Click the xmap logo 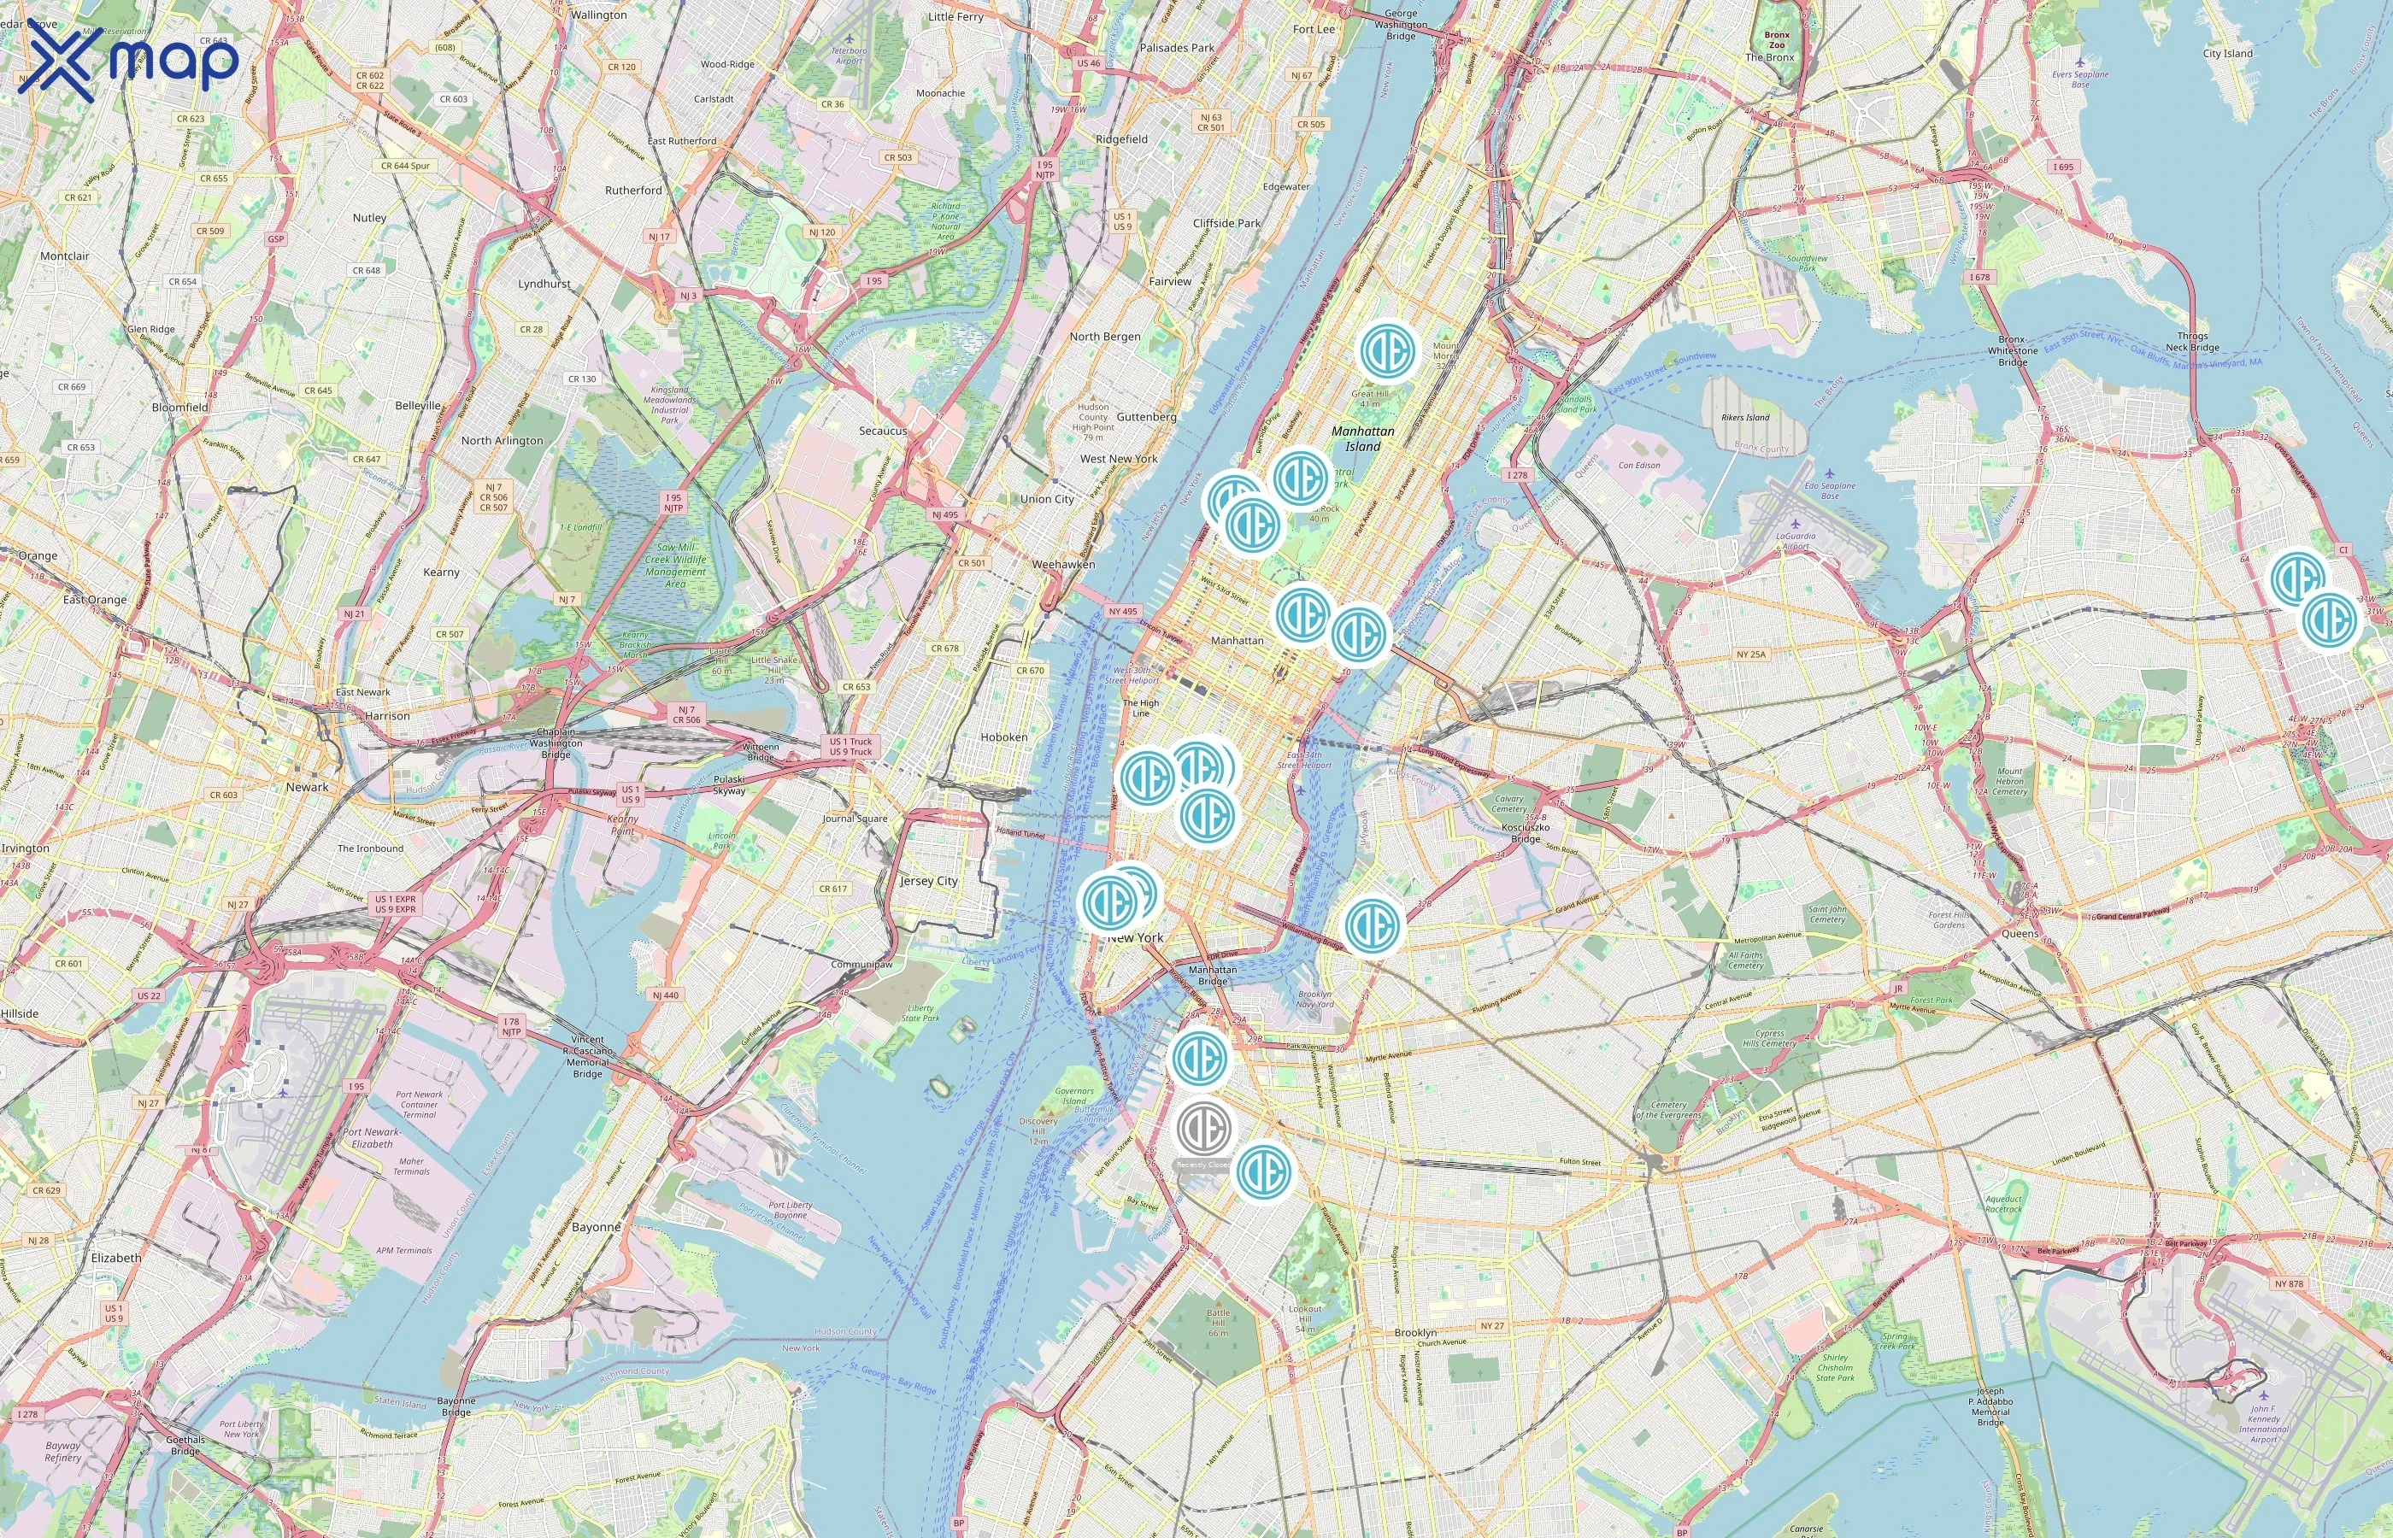click(128, 60)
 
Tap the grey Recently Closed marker click(1203, 1129)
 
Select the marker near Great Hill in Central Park click(1388, 350)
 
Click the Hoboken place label click(1003, 737)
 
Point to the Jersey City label click(929, 881)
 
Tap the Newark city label click(307, 787)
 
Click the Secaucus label click(883, 431)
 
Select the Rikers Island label click(1745, 418)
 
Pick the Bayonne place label click(597, 1226)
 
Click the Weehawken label click(1062, 564)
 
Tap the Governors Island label click(1074, 1095)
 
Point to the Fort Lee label click(1314, 29)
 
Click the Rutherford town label click(633, 190)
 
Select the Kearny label click(442, 572)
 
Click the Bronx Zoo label click(1777, 40)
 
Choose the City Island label click(2227, 54)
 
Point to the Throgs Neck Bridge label click(2192, 342)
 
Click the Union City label click(1047, 499)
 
